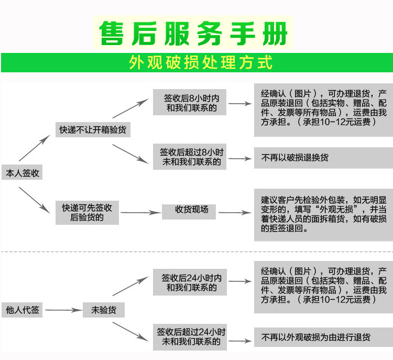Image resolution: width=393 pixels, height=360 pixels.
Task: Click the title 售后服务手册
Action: (194, 34)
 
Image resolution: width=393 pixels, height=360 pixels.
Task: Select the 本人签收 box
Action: (21, 173)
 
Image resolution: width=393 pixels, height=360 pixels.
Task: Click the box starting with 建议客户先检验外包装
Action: (323, 214)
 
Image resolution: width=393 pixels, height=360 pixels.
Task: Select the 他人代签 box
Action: (21, 310)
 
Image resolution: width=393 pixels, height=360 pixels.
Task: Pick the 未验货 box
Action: (103, 310)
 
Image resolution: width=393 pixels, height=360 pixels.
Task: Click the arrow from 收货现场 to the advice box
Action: (234, 212)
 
